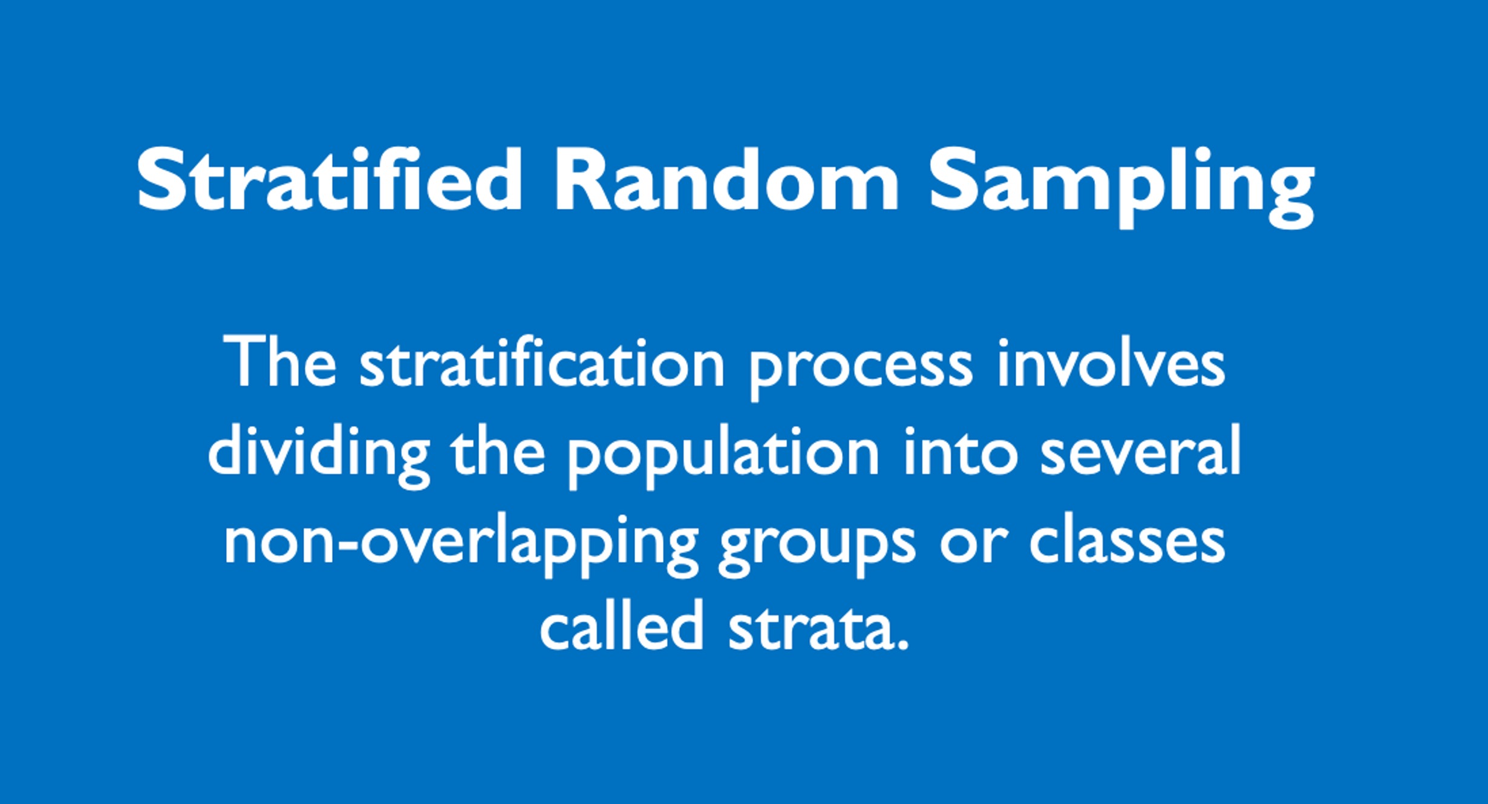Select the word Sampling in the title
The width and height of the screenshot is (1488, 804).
1122,188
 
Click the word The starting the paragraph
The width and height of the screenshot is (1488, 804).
279,361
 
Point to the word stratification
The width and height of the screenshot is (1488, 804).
542,361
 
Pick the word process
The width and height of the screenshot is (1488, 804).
861,369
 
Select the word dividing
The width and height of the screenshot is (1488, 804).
319,458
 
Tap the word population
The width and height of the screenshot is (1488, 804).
723,458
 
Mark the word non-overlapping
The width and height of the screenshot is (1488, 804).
462,545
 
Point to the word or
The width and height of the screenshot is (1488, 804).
974,545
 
